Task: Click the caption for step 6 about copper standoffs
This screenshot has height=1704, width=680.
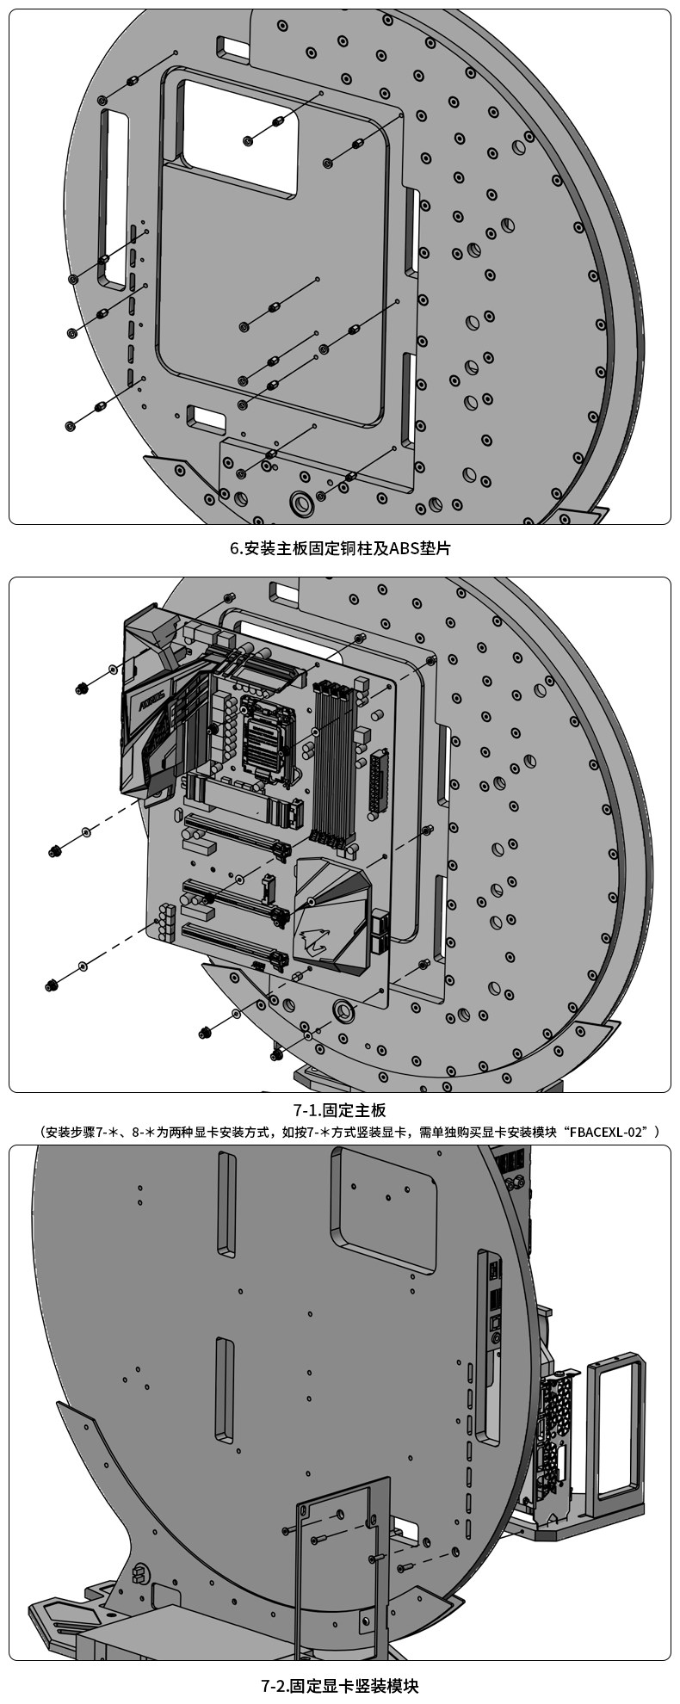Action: click(x=339, y=548)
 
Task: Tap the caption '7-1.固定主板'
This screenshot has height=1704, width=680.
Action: click(x=339, y=1110)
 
